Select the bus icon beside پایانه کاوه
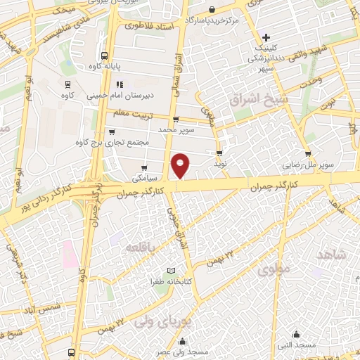[104, 56]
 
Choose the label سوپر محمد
[176, 130]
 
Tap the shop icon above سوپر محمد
[176, 120]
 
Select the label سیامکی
[144, 179]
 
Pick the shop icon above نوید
[220, 152]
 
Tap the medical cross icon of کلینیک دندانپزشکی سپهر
[266, 37]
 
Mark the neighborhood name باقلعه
[140, 247]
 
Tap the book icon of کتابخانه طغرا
[172, 271]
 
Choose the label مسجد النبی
[297, 345]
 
